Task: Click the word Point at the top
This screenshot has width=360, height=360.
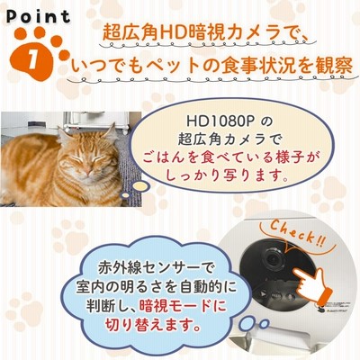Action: point(39,16)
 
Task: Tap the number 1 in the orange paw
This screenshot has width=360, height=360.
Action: point(32,56)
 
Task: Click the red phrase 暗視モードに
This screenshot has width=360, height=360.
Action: point(182,306)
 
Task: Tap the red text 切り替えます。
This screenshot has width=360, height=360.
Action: point(153,325)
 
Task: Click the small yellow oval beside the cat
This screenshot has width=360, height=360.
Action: point(141,186)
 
